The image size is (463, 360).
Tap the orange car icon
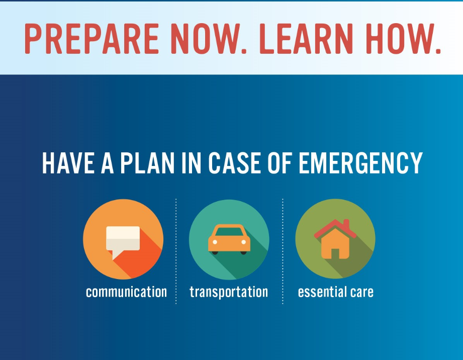tap(229, 240)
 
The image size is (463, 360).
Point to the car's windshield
tap(229, 232)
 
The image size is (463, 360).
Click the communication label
tap(126, 292)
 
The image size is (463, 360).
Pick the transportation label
tap(229, 292)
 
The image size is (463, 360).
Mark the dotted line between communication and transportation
tap(176, 251)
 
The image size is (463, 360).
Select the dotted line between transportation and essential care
tap(283, 251)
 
